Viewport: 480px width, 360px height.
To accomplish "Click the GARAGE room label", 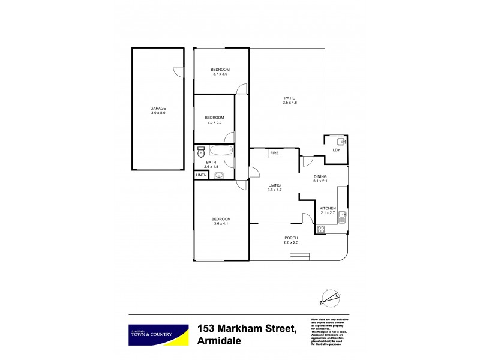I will [158, 109].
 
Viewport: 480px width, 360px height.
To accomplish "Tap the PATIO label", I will [290, 98].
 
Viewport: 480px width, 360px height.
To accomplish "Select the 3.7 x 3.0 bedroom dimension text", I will [221, 74].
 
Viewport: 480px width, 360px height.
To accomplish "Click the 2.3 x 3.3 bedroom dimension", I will [214, 122].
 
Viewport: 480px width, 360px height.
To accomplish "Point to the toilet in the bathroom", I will [201, 152].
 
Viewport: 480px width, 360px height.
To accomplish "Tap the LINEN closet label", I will [201, 175].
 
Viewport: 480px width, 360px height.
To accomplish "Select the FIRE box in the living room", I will [275, 154].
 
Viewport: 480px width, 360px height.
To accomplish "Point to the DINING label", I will [320, 176].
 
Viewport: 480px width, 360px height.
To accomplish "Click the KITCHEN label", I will [328, 208].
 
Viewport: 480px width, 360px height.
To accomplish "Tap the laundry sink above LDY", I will [339, 142].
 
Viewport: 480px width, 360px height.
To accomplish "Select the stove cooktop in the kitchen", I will [320, 229].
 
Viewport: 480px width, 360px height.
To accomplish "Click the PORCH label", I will [290, 238].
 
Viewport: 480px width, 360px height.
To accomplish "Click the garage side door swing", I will [178, 71].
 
